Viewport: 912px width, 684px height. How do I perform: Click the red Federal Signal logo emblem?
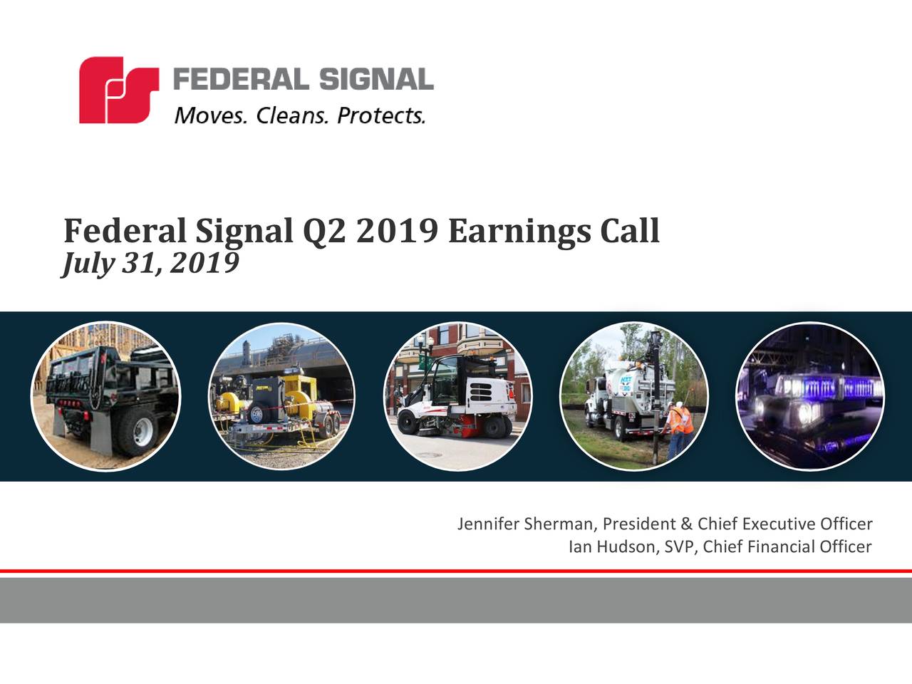click(118, 90)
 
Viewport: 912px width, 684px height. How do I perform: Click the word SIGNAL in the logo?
click(375, 79)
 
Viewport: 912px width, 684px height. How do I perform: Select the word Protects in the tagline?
click(380, 115)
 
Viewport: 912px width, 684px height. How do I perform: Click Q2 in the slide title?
click(325, 231)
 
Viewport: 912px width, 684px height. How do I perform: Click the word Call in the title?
click(630, 231)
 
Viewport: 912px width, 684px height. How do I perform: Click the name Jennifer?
click(488, 524)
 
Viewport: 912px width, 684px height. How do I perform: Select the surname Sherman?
click(559, 524)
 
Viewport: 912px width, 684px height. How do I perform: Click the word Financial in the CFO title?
click(781, 547)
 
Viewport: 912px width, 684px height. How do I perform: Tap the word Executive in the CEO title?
click(779, 524)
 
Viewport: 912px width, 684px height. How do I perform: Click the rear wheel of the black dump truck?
click(135, 432)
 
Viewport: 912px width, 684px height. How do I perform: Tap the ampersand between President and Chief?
click(687, 524)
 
